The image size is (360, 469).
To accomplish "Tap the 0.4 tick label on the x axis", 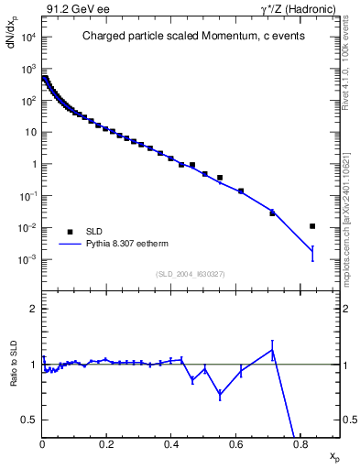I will (x=171, y=444).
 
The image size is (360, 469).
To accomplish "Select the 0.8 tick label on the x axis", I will (x=300, y=444).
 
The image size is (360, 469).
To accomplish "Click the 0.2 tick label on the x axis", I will (x=106, y=444).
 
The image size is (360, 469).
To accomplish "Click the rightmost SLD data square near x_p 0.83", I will (x=312, y=226).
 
